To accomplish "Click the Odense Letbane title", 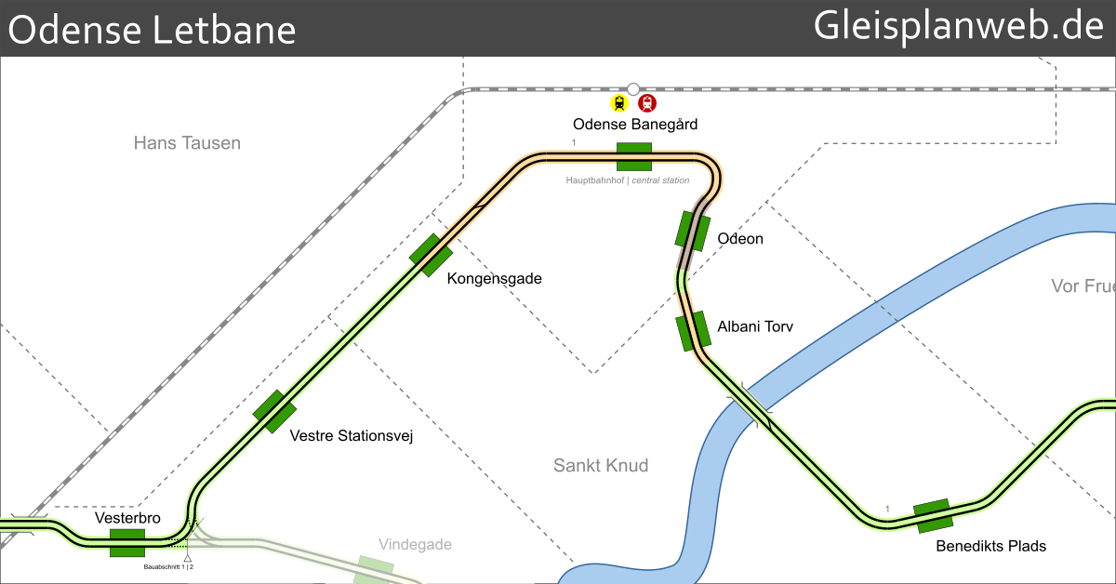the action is tap(153, 30).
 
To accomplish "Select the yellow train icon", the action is tap(619, 103).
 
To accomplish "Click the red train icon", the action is tap(647, 103).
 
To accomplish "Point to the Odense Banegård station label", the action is tap(635, 124).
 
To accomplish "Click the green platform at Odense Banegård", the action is tap(634, 156).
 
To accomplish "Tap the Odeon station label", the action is tap(740, 239).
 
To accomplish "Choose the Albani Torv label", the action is tap(755, 326).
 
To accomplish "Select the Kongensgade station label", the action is tap(494, 279).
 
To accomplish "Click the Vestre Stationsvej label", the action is tap(351, 435).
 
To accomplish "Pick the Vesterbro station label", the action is tap(127, 518).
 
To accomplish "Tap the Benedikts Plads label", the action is tap(990, 546).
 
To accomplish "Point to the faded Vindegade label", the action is tap(415, 544).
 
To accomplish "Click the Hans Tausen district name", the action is tap(187, 143).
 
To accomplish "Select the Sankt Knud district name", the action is tap(601, 465).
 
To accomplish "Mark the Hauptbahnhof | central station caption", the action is tap(628, 180).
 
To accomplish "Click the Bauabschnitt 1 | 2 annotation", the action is tap(168, 566).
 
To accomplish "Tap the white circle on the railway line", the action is tap(633, 89).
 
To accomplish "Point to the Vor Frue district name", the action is tap(1083, 285).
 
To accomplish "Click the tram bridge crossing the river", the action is tap(750, 405).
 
